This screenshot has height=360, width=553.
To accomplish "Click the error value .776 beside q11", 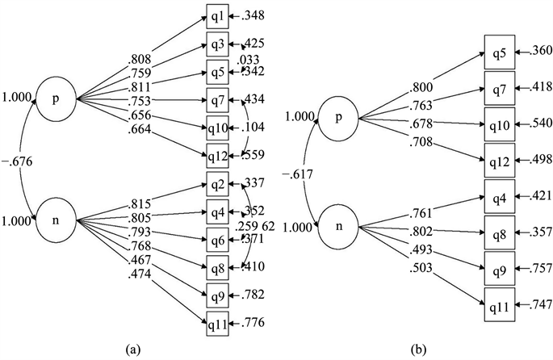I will click(x=255, y=324).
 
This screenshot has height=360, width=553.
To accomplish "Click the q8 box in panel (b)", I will click(x=498, y=231).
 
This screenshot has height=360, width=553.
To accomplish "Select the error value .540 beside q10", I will click(x=538, y=124).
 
